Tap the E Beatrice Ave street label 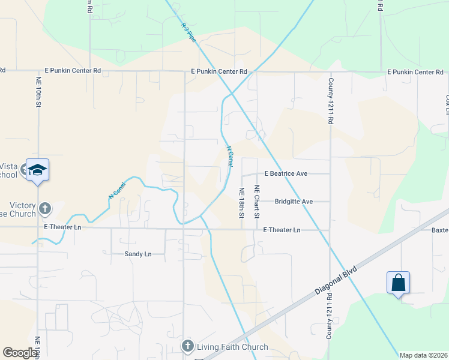(x=286, y=174)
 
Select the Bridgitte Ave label (x=294, y=202)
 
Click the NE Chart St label (x=256, y=202)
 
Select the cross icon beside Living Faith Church (x=187, y=346)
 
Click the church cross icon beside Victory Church (x=44, y=209)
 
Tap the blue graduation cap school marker (x=37, y=170)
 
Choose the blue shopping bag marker (x=399, y=282)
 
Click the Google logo (x=20, y=353)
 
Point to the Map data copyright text (x=424, y=355)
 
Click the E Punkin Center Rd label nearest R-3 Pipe (x=219, y=71)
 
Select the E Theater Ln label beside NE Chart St (x=282, y=230)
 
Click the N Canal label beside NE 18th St (x=229, y=156)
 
